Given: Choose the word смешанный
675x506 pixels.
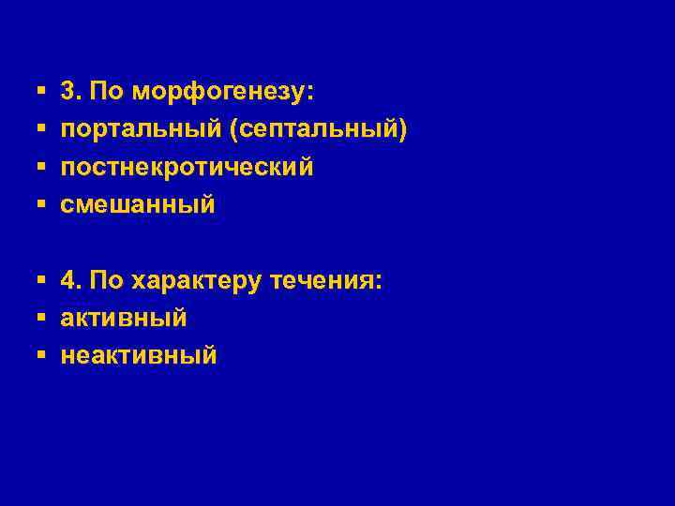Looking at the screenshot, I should tap(138, 204).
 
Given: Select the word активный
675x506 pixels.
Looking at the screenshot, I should tap(124, 318).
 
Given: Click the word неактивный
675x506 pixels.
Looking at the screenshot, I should tap(139, 355).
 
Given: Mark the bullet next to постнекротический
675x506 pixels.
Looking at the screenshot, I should tap(41, 168).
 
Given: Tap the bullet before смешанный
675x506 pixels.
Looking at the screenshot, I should tap(41, 204).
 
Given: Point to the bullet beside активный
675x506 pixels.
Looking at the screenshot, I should tap(41, 318).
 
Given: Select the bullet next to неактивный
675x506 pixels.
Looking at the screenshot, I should tap(41, 355).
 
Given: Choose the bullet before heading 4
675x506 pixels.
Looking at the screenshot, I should tap(41, 280).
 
